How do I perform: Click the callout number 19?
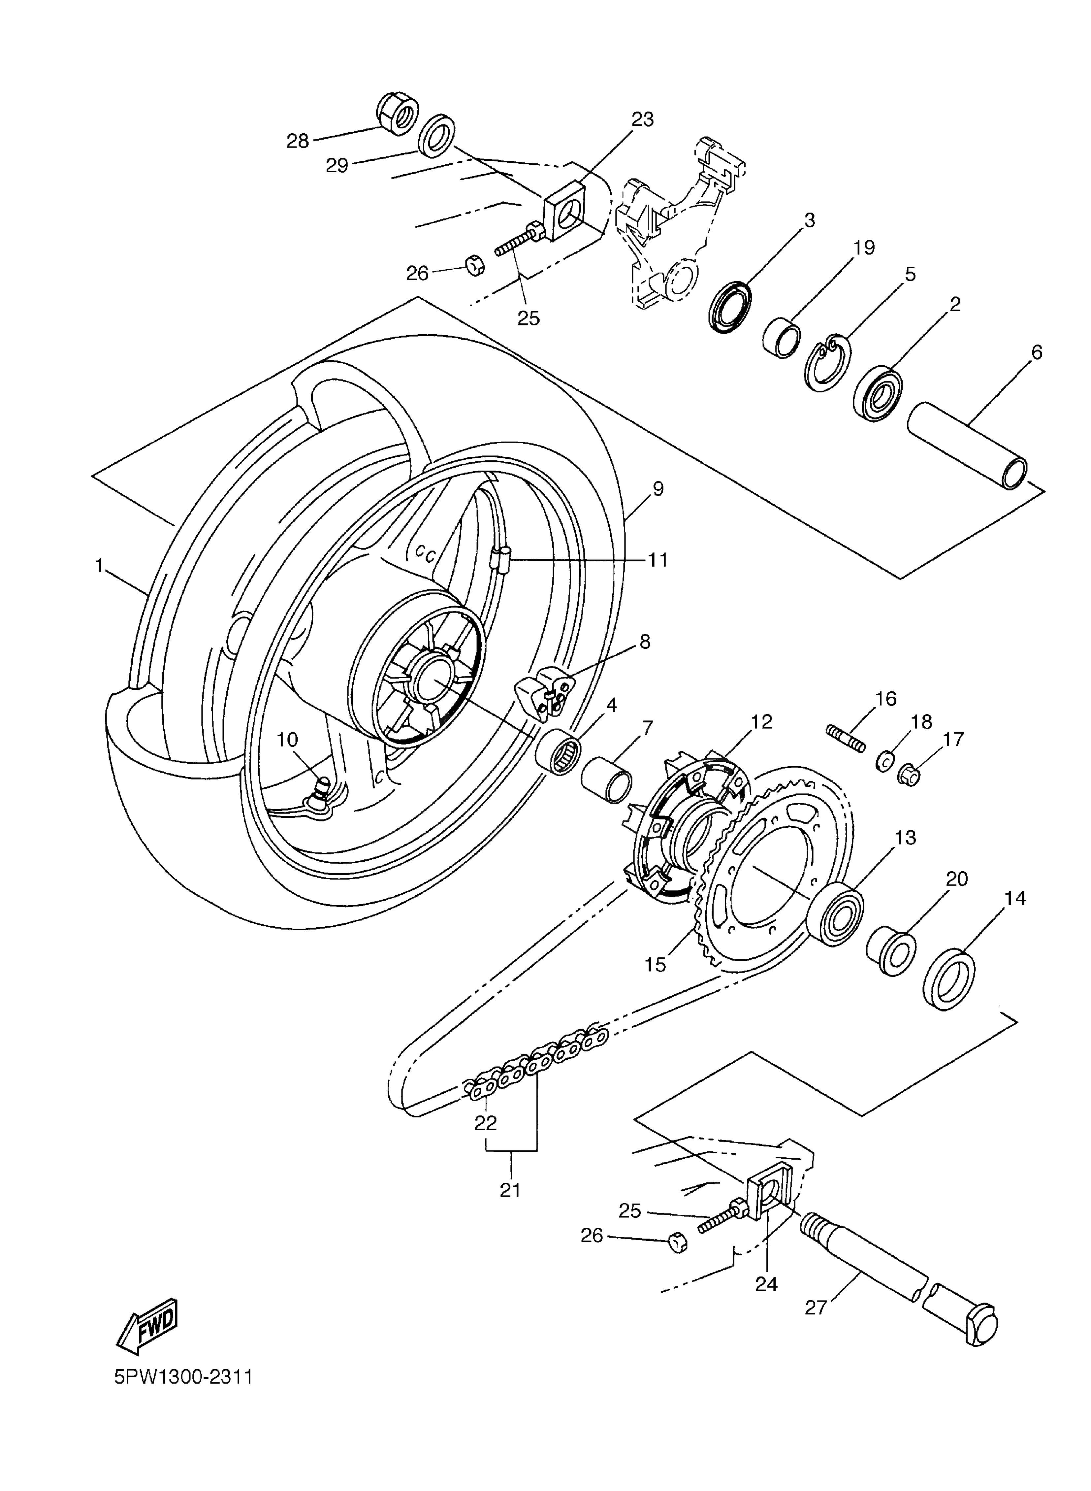864,248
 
